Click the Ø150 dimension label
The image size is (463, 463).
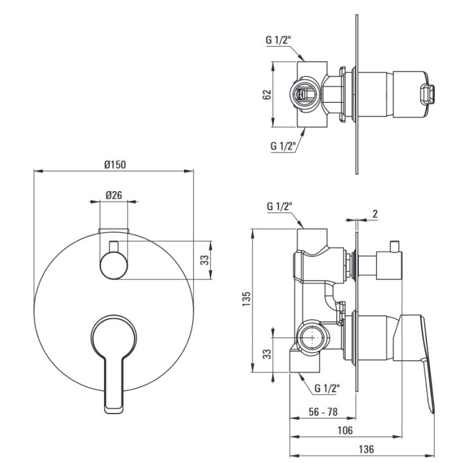tap(115, 165)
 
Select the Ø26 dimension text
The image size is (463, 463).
tap(114, 195)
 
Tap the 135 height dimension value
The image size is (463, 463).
tap(246, 299)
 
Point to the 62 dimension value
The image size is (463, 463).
tap(267, 94)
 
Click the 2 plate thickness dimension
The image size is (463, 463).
tap(375, 213)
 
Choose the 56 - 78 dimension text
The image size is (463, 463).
tap(323, 412)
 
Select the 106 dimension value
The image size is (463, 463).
tap(345, 430)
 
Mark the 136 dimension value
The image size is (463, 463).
tap(366, 449)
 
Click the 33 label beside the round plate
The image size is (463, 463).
tap(204, 260)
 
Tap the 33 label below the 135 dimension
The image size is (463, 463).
tap(267, 354)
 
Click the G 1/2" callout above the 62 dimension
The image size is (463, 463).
tap(278, 40)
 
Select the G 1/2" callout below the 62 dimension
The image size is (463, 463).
tap(283, 145)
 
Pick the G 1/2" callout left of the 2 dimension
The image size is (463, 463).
tap(279, 206)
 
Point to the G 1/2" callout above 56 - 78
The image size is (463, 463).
tap(327, 388)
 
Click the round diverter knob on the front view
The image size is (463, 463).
tap(114, 265)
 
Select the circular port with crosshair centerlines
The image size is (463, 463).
tap(313, 338)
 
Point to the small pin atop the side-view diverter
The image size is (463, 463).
tap(394, 246)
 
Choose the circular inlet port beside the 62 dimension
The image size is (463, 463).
tap(304, 94)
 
